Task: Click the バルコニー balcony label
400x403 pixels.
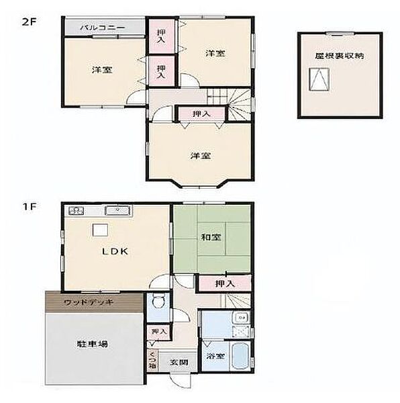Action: (103, 28)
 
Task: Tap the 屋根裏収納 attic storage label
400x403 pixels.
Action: (340, 56)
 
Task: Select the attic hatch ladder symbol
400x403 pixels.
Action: (319, 79)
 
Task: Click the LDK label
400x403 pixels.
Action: (115, 251)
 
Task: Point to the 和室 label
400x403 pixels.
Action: (211, 237)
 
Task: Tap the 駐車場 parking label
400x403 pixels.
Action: (93, 344)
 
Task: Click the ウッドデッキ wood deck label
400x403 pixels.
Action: (89, 302)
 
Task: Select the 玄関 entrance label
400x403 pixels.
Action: (179, 363)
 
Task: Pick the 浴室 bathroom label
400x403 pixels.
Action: (216, 356)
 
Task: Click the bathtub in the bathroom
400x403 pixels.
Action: (241, 356)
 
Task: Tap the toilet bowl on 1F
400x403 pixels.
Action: (158, 302)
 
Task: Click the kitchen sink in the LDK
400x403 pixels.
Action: (117, 211)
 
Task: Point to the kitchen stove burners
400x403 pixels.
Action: (76, 211)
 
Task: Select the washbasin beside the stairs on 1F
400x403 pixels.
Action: (240, 318)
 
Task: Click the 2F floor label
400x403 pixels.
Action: (29, 22)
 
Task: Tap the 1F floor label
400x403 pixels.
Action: (30, 206)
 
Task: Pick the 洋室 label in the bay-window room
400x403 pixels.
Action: (201, 156)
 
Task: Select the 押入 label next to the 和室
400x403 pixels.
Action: (225, 283)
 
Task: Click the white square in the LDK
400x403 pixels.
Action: (100, 230)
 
